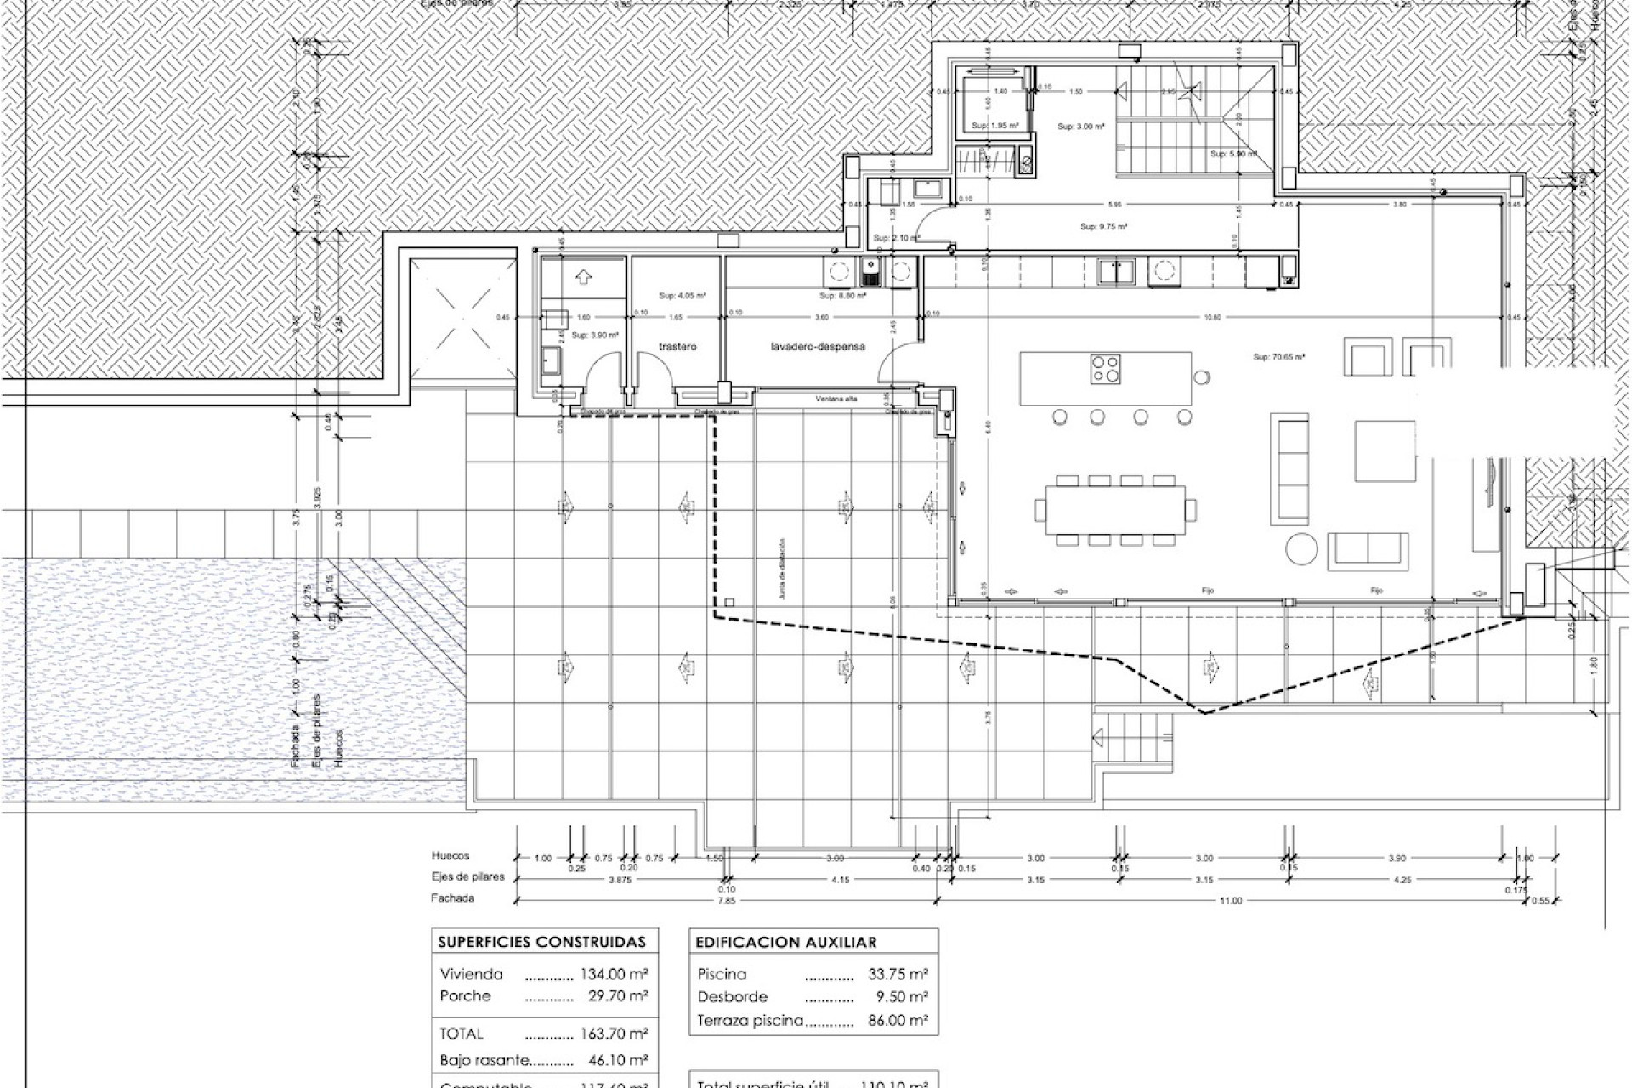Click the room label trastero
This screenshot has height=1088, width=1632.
tap(677, 347)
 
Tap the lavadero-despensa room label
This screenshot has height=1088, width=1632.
tap(818, 347)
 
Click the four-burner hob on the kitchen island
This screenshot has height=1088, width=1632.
tap(1105, 370)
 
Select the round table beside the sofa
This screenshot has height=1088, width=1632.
tap(1301, 549)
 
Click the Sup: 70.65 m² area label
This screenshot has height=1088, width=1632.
tap(1278, 358)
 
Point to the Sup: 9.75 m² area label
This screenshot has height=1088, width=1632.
tap(1103, 227)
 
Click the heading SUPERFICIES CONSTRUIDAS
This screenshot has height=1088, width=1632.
tap(541, 942)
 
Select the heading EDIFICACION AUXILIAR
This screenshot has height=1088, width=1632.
tap(785, 942)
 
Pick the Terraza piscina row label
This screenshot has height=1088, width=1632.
tap(750, 1020)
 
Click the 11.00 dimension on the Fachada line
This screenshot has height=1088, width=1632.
tap(1230, 901)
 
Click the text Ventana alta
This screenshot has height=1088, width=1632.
tap(834, 398)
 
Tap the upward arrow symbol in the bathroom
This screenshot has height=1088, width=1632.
tap(583, 275)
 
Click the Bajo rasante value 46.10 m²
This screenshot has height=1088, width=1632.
tap(617, 1061)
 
